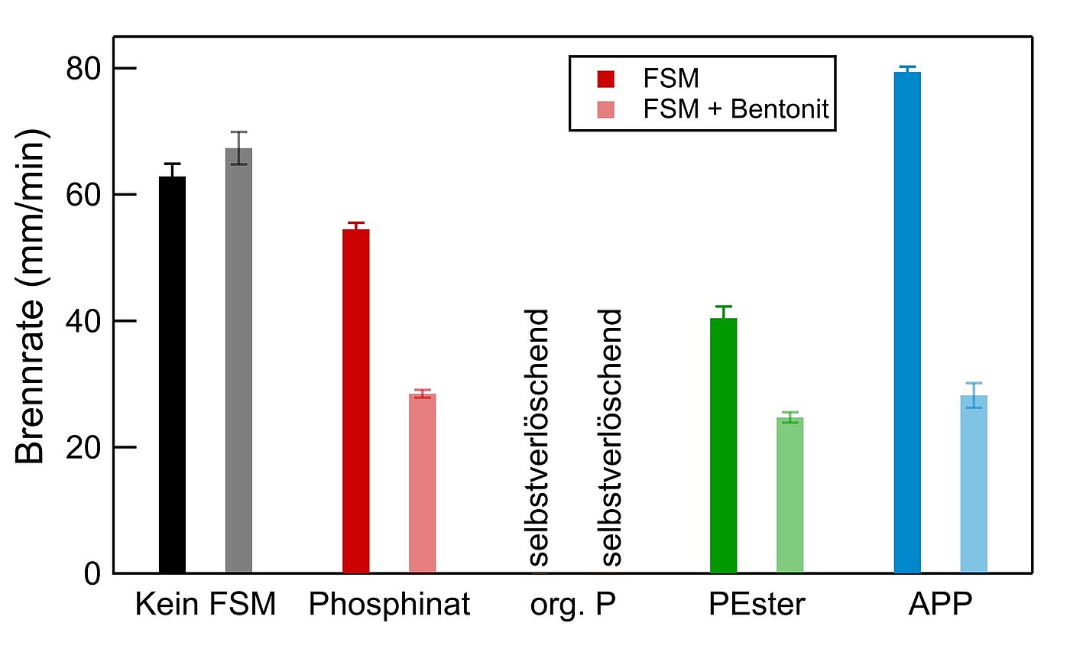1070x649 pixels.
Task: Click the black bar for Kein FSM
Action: (172, 375)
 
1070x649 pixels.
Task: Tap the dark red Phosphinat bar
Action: (355, 401)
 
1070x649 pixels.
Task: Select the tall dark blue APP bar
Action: (907, 322)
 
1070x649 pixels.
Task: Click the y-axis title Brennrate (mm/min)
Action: (32, 297)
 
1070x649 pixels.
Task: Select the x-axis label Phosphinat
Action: (389, 605)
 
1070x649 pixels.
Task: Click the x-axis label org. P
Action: (572, 605)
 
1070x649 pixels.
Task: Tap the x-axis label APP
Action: (940, 605)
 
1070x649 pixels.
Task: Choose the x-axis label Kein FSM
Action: (205, 605)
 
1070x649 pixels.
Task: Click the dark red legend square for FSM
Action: (606, 79)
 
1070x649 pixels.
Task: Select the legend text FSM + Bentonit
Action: (736, 110)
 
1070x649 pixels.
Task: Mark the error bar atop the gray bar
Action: (239, 148)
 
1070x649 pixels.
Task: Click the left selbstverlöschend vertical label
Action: (540, 438)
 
